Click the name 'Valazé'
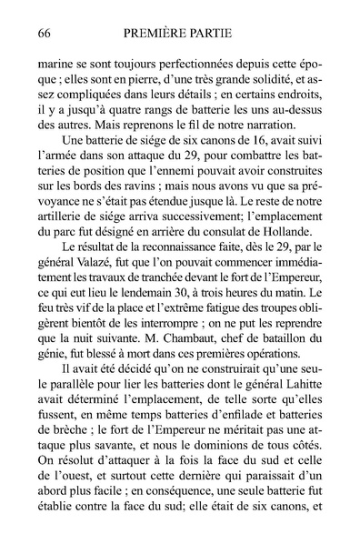(x=97, y=282)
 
